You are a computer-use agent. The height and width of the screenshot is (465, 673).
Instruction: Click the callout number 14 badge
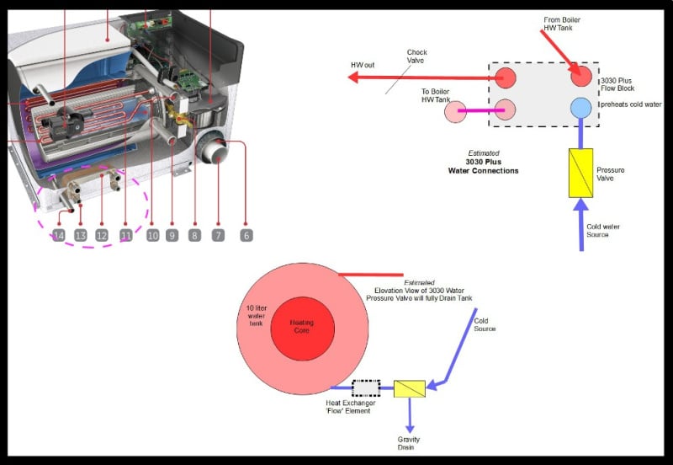point(58,235)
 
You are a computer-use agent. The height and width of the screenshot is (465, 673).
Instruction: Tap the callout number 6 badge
point(246,235)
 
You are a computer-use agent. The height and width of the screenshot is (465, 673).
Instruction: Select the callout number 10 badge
point(152,235)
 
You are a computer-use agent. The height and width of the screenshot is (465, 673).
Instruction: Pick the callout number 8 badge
point(194,235)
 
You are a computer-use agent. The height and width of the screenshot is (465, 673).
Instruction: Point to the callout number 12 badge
point(102,235)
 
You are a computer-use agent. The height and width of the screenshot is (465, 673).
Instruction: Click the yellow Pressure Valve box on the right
point(581,173)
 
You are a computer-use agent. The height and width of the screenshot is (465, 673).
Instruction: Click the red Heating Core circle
point(301,326)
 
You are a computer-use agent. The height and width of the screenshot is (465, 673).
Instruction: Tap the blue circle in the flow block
point(580,108)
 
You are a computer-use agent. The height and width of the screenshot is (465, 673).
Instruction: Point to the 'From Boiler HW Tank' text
point(561,24)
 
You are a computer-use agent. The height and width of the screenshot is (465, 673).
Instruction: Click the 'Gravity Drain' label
point(409,443)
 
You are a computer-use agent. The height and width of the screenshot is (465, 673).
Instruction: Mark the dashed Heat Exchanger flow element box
point(366,388)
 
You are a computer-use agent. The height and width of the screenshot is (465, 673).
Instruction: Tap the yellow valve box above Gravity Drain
point(410,388)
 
